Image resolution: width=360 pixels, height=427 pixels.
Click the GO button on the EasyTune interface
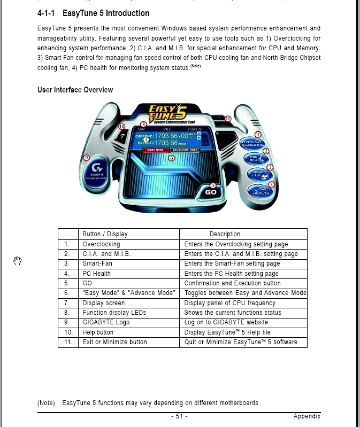click(211, 192)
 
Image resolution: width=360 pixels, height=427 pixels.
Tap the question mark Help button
click(122, 137)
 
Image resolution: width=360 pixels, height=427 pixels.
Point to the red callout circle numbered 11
click(228, 119)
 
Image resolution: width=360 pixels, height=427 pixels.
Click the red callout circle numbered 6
click(171, 158)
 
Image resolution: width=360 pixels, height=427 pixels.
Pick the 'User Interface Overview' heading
click(75, 90)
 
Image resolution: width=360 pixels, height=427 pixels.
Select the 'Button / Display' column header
click(105, 234)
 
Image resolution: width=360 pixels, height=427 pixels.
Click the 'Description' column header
click(225, 234)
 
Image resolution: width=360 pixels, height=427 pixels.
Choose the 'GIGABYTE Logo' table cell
click(106, 322)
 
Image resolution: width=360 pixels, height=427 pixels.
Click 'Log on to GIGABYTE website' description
click(226, 322)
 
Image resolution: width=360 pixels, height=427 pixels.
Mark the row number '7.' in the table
click(67, 303)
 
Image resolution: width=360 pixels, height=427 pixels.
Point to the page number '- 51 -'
click(179, 416)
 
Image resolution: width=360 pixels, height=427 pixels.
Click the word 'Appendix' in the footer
click(307, 416)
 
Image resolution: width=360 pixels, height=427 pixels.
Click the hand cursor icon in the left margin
click(17, 261)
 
